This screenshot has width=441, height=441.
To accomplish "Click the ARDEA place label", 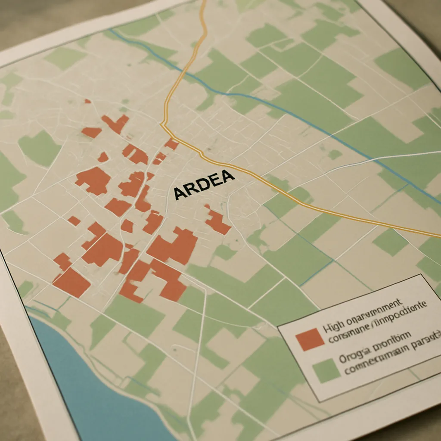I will point(204,184).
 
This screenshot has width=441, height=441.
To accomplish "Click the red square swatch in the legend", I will point(310,339).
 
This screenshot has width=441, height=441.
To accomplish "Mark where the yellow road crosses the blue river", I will point(186,71).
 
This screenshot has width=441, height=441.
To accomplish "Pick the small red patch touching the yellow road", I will point(172,145).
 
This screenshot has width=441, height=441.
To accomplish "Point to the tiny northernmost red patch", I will point(88,101).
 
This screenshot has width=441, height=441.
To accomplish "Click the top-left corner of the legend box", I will point(278,326).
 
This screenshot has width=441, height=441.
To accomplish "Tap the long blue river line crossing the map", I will point(301,116).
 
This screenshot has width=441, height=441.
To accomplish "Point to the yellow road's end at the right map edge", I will point(438,236).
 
